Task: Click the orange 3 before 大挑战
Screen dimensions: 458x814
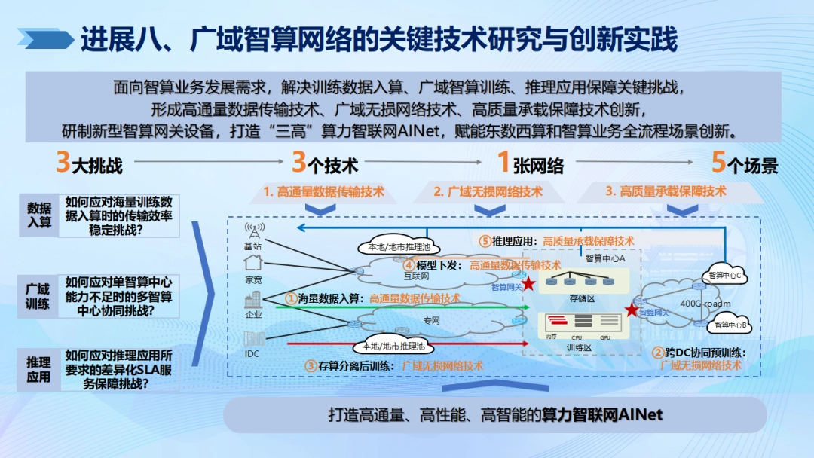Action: pyautogui.click(x=63, y=163)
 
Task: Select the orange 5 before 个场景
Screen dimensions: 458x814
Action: pyautogui.click(x=719, y=163)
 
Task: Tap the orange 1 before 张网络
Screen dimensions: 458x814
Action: pyautogui.click(x=504, y=163)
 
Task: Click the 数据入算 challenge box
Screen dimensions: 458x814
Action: pyautogui.click(x=39, y=215)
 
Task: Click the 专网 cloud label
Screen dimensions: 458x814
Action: pyautogui.click(x=431, y=321)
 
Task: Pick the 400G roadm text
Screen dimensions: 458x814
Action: pyautogui.click(x=705, y=304)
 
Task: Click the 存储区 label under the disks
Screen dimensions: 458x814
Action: pyautogui.click(x=582, y=299)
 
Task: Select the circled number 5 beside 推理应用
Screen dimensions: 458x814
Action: pyautogui.click(x=485, y=241)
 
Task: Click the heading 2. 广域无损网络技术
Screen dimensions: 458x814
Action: pyautogui.click(x=488, y=191)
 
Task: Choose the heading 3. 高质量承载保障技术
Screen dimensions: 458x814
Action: pyautogui.click(x=666, y=191)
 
